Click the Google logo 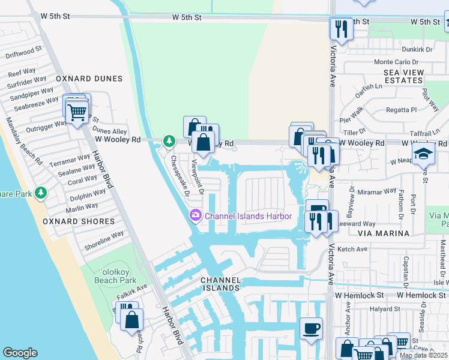point(20,353)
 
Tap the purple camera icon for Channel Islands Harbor point(196,215)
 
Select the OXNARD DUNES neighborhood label point(89,79)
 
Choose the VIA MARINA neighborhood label point(384,233)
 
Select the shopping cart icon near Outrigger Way point(77,111)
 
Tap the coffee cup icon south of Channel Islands point(311,329)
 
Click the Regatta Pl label point(402,110)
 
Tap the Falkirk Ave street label point(133,290)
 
